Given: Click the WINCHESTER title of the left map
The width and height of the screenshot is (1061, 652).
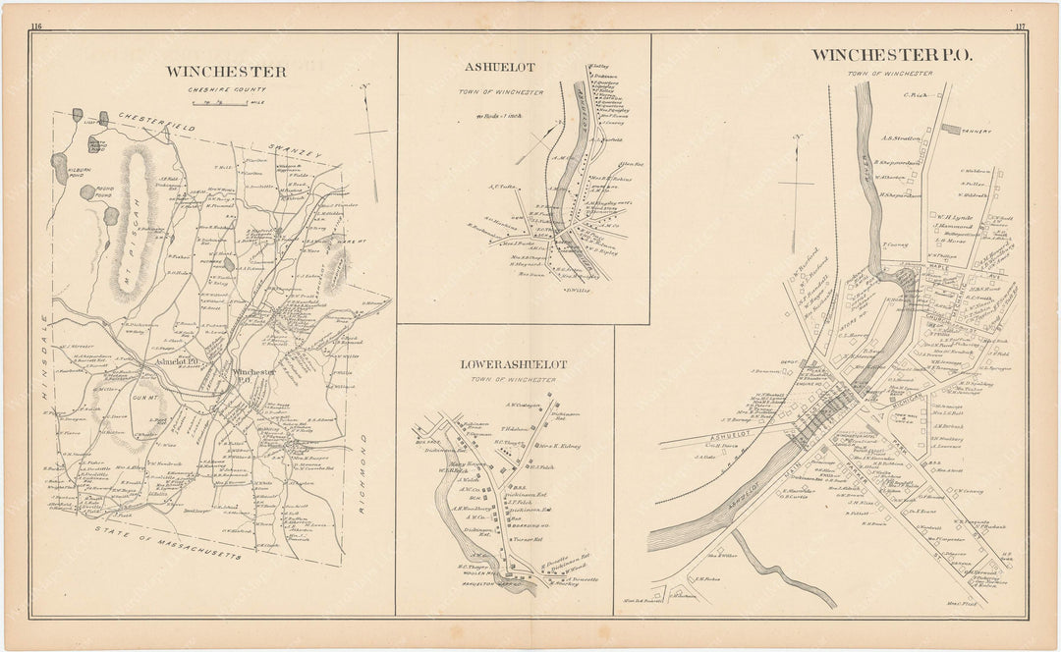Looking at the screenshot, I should click(226, 72).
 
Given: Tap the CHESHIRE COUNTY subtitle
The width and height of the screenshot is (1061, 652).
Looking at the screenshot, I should click(226, 88).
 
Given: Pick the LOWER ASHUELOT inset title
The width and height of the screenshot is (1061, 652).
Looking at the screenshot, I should click(514, 364).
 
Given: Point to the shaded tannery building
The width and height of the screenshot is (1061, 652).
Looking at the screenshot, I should click(952, 128).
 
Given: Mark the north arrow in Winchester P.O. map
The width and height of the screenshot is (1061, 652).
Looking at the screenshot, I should click(795, 172).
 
